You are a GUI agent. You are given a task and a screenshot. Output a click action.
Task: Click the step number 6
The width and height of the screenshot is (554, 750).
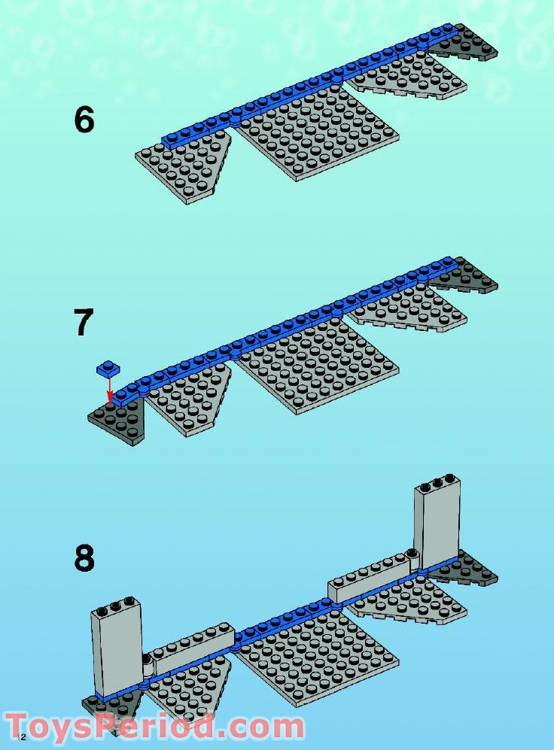pyautogui.click(x=84, y=120)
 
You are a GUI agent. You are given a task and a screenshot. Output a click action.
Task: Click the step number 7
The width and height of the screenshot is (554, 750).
pyautogui.click(x=84, y=322)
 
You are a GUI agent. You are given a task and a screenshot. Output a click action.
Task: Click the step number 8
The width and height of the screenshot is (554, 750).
pyautogui.click(x=84, y=558)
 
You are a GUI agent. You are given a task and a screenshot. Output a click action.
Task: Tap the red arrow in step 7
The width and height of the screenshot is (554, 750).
pyautogui.click(x=110, y=389)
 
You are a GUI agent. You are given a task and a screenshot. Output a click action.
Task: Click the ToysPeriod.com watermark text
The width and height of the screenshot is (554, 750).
pyautogui.click(x=154, y=727)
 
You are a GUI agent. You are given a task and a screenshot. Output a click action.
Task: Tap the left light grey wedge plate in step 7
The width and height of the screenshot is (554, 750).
pyautogui.click(x=188, y=399)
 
